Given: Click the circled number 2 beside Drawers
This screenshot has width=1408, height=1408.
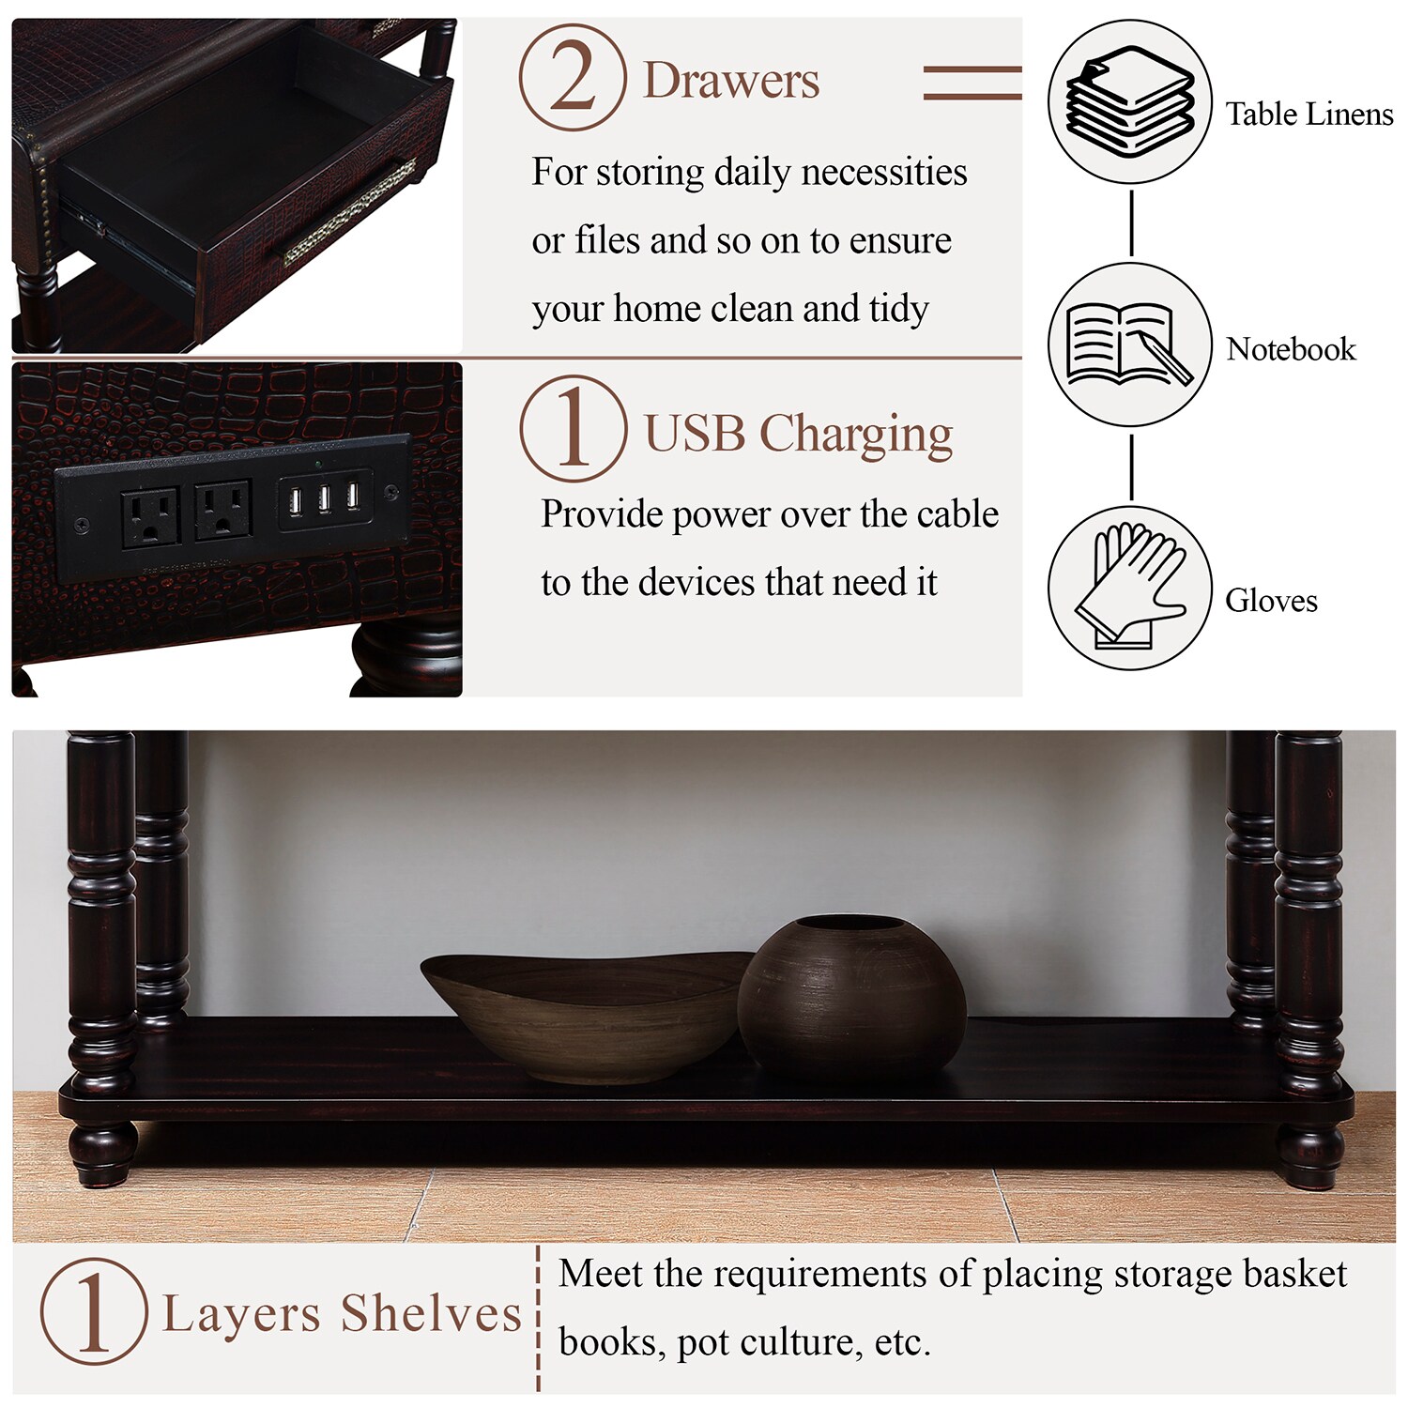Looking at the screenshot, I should [x=573, y=78].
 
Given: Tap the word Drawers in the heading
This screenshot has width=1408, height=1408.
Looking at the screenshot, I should [x=731, y=81].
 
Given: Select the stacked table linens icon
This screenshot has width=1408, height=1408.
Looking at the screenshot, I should [x=1129, y=101].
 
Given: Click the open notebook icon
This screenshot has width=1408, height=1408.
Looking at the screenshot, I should [x=1129, y=344].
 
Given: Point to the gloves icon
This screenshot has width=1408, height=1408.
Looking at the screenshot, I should [x=1129, y=588].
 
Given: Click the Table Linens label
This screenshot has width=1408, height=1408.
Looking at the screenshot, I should [x=1309, y=115].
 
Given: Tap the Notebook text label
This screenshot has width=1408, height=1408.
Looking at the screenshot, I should [x=1291, y=349].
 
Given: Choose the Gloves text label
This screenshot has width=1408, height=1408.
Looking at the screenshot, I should [x=1271, y=601].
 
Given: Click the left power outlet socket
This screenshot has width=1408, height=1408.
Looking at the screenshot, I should [x=150, y=515].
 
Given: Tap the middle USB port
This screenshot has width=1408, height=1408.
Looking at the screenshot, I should [x=324, y=498].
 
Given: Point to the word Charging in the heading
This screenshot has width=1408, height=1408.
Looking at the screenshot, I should [x=855, y=436].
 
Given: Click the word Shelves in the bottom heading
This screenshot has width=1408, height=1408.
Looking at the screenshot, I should [x=431, y=1314].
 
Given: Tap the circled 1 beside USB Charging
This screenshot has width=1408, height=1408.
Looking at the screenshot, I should [x=573, y=429].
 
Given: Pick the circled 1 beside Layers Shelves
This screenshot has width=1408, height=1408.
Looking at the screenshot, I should [x=93, y=1311].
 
